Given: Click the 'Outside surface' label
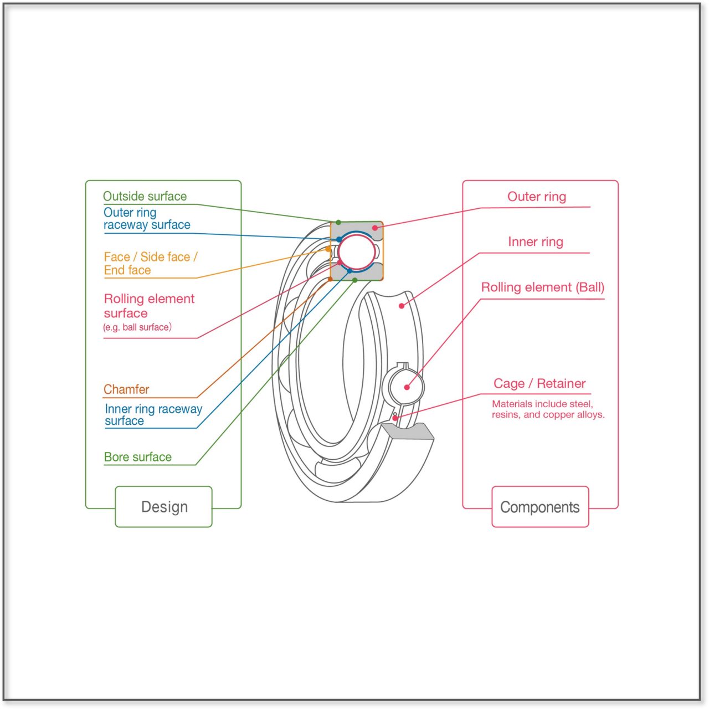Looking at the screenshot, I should [x=145, y=196].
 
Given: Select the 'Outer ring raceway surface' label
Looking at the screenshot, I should [x=147, y=219].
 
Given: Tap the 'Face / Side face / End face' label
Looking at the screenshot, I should [x=150, y=264].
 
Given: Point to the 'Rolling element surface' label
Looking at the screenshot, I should [x=149, y=306].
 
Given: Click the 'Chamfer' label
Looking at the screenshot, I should [x=126, y=389].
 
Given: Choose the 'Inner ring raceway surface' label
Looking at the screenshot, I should [x=153, y=415].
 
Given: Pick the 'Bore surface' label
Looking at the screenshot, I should [x=138, y=457].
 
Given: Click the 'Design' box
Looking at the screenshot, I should [x=164, y=507].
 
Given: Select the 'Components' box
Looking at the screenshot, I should [x=540, y=507].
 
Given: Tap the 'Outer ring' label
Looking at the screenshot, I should [x=537, y=197].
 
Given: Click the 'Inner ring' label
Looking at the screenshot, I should [x=536, y=242].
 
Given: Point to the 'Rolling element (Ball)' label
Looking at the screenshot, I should [x=542, y=287].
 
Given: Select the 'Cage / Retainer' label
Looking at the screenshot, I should [x=540, y=383].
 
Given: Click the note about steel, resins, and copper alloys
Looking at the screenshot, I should [x=548, y=409].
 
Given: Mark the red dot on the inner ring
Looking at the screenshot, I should [x=402, y=306].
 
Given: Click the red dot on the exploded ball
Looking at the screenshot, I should [x=407, y=387].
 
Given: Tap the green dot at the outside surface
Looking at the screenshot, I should [x=338, y=223].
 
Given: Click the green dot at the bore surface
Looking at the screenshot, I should [x=355, y=280].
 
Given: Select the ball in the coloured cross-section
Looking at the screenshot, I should [x=357, y=251].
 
